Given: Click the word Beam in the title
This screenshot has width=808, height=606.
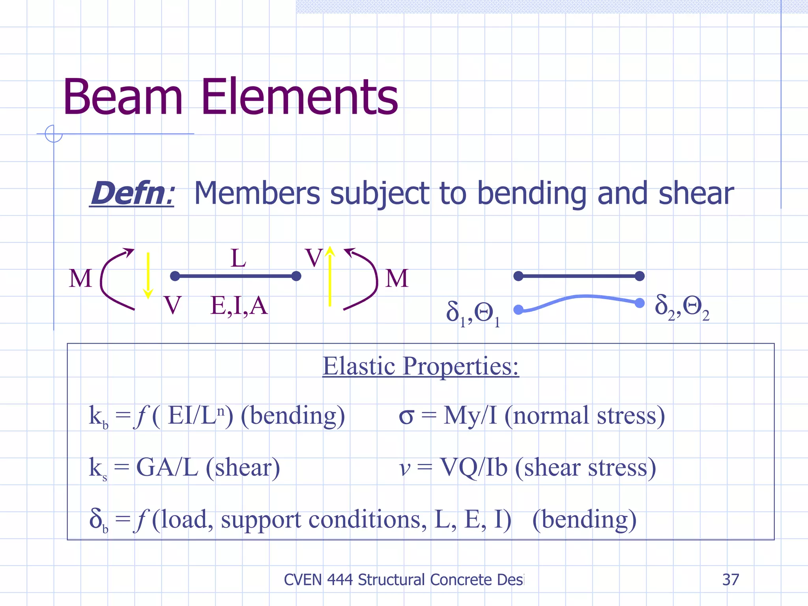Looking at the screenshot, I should [x=123, y=97].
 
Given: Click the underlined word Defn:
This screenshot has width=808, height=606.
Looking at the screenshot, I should [x=132, y=193].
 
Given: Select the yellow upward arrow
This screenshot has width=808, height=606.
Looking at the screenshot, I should [x=330, y=276].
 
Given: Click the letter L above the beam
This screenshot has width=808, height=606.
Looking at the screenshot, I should [x=238, y=258].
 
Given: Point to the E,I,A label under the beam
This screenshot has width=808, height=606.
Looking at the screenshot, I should [x=239, y=306].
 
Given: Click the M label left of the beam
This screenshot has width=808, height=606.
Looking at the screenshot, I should [x=80, y=278].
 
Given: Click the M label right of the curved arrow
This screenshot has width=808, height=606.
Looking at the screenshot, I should [x=397, y=278].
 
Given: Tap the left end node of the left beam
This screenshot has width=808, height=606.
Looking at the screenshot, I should [x=175, y=276].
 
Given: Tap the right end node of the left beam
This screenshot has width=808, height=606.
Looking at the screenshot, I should [x=296, y=276].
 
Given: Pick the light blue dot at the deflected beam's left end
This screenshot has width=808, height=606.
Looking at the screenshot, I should [x=519, y=310].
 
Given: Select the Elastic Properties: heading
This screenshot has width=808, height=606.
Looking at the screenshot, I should [x=421, y=366].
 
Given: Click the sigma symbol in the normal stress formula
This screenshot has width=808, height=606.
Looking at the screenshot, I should [x=406, y=416].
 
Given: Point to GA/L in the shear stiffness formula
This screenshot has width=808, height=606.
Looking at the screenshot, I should [x=167, y=468].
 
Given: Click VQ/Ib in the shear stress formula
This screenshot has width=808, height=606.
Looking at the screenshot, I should [x=473, y=468].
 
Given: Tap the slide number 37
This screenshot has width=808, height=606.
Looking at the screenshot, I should [x=730, y=580].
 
